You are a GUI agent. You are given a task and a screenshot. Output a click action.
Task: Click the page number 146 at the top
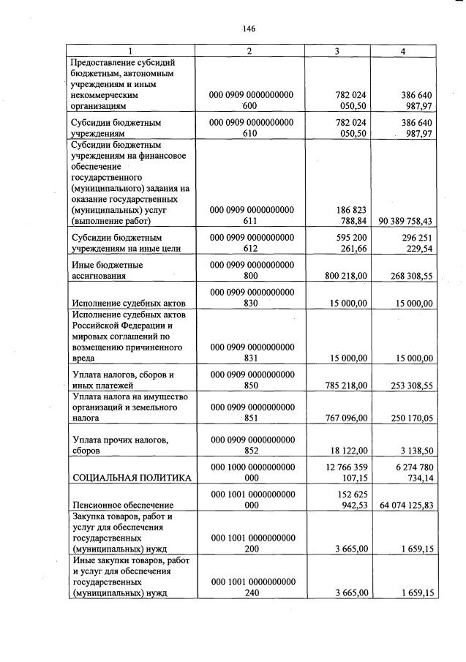pos(248,29)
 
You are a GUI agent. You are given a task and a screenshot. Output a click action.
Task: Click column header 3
pos(337,51)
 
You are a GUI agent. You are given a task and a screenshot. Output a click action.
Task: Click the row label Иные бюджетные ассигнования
pos(107,270)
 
